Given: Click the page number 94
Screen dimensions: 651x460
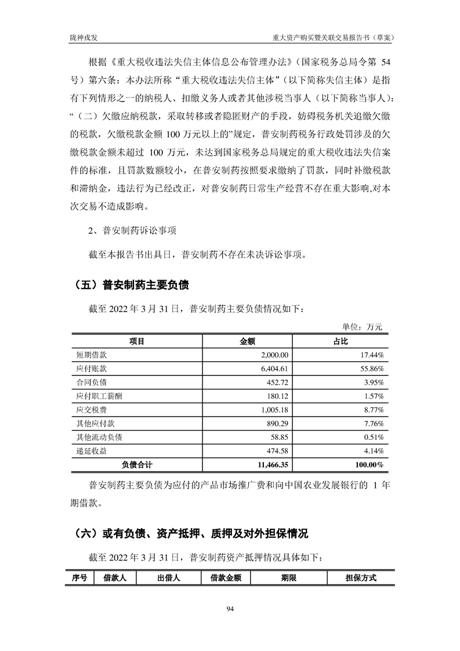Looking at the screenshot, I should point(230,608).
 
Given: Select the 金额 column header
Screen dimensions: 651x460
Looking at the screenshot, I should point(248,342).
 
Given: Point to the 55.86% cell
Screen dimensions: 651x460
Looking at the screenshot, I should point(370,368).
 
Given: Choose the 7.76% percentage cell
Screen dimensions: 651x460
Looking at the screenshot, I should point(372,424).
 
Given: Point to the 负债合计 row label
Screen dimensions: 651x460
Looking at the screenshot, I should point(137,465).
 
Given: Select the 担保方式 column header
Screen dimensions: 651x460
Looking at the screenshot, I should point(360,578).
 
